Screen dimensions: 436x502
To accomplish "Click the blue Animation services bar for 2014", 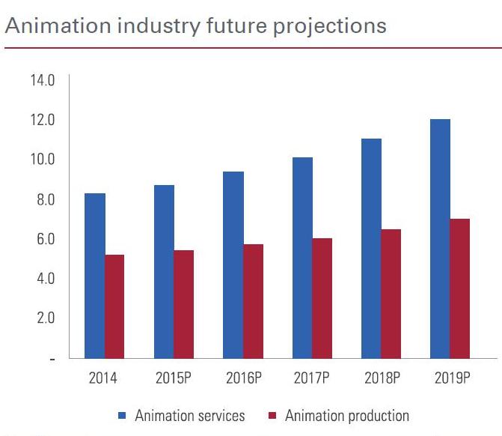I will (x=94, y=276).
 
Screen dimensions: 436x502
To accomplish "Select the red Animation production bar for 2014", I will (x=114, y=306).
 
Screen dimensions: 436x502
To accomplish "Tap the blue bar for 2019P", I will (x=440, y=238).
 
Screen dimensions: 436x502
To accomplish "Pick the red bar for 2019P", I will (x=460, y=288).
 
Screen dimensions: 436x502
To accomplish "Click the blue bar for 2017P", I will (x=302, y=258).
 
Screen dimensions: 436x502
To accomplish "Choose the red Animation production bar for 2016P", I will (x=253, y=301).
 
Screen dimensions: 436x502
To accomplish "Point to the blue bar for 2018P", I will (x=371, y=248).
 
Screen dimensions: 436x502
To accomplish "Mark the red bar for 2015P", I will (x=183, y=304).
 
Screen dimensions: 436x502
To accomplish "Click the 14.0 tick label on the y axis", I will (x=43, y=80).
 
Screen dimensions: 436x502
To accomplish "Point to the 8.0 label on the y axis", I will (x=43, y=199).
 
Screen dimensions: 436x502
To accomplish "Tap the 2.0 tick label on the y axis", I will (x=43, y=318).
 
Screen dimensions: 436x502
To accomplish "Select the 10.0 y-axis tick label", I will (x=43, y=160).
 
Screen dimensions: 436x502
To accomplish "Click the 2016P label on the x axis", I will (x=243, y=378).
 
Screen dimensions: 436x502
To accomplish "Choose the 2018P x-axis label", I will (x=382, y=378).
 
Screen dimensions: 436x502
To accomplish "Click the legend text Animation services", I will (x=189, y=416).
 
